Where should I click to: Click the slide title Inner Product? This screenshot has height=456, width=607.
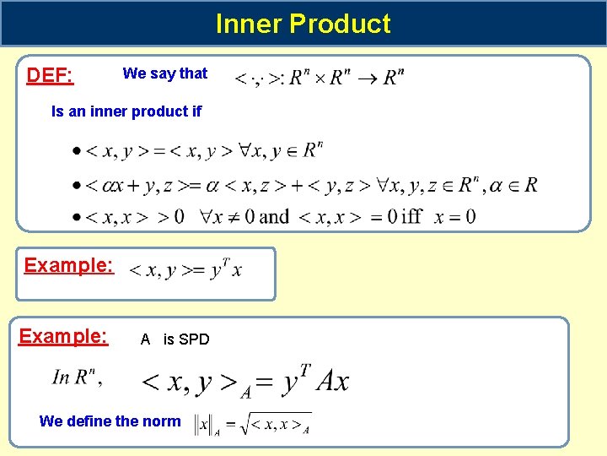[x=303, y=24]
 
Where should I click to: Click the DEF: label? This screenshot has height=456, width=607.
[x=50, y=76]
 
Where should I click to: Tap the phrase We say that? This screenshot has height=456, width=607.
[x=165, y=73]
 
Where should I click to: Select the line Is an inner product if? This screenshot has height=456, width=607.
[x=126, y=111]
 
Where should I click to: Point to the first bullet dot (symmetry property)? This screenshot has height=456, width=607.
[x=77, y=152]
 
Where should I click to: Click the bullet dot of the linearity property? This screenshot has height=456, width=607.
[x=77, y=185]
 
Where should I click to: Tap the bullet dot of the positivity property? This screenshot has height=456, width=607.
[x=77, y=217]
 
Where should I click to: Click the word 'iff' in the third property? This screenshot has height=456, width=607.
[x=411, y=217]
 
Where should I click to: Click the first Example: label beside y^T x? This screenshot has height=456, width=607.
[x=68, y=265]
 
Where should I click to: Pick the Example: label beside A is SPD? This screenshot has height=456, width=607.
[x=63, y=337]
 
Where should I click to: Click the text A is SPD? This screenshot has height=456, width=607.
[x=175, y=339]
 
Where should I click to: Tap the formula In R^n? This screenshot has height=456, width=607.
[x=78, y=377]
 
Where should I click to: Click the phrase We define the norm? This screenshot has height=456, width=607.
[x=110, y=421]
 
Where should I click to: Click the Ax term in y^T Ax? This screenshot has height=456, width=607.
[x=332, y=382]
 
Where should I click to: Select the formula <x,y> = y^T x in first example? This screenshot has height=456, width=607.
[x=185, y=270]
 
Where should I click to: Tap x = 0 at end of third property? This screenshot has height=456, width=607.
[x=455, y=217]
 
